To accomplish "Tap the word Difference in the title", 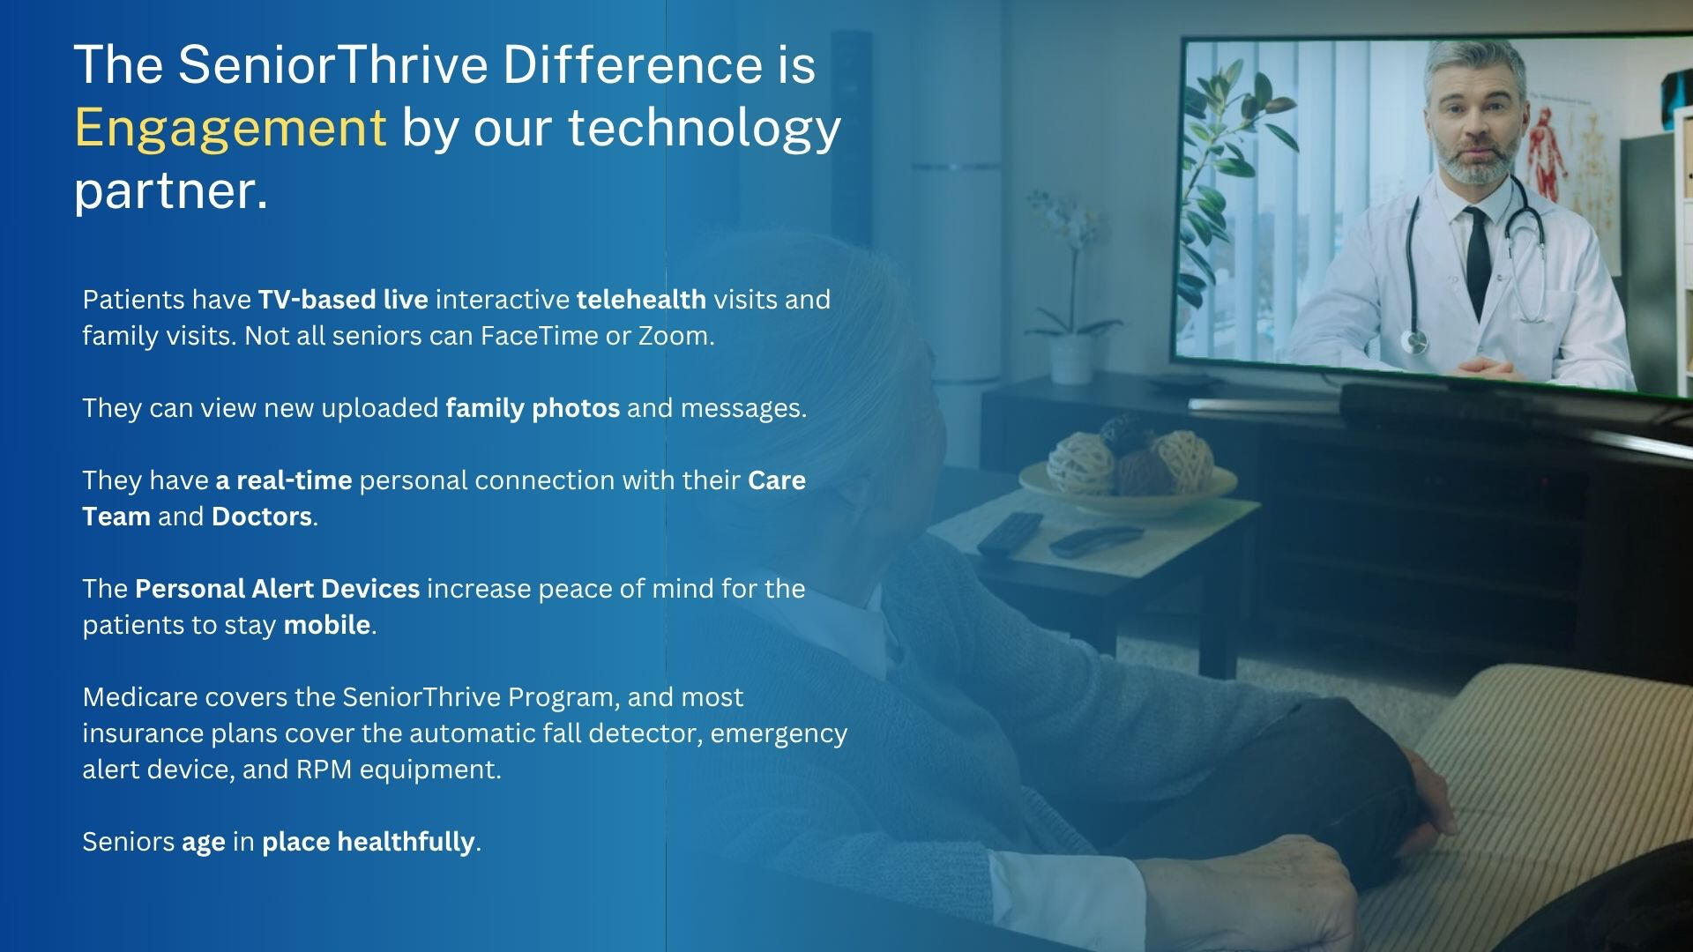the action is click(633, 64).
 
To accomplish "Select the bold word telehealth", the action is click(641, 300).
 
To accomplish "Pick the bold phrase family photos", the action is click(533, 408).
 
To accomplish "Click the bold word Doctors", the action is click(262, 517).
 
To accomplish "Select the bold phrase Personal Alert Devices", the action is click(277, 589).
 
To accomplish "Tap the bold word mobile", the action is click(327, 625).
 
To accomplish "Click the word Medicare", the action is click(140, 697).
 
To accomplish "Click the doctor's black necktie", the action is click(1478, 251).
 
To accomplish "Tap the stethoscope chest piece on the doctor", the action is click(1414, 342).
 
